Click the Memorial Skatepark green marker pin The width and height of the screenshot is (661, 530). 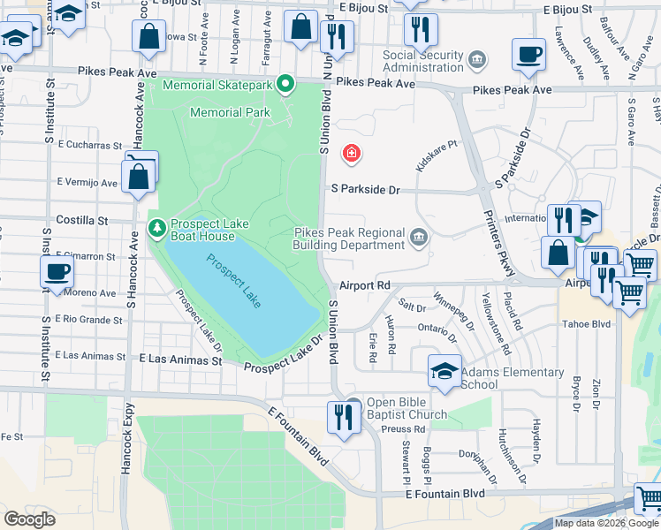[x=285, y=85]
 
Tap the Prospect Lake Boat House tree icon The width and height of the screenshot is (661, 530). [x=156, y=229]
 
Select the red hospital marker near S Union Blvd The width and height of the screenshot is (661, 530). [x=352, y=154]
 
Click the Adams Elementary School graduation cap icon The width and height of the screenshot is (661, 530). [x=444, y=371]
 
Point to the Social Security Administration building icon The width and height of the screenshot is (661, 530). [x=477, y=60]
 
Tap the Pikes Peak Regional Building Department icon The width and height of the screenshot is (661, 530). [x=418, y=237]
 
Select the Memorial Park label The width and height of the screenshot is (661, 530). [x=229, y=112]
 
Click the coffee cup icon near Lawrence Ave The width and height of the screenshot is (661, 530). [x=528, y=54]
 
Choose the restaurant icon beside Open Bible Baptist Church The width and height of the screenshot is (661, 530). [x=341, y=416]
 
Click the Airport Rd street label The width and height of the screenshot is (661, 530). [x=365, y=285]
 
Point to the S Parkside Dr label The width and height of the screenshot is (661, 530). [x=366, y=189]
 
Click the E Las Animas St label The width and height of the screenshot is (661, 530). [x=180, y=360]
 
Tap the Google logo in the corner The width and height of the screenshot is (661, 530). [x=29, y=519]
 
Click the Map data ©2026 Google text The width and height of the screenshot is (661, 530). [x=605, y=523]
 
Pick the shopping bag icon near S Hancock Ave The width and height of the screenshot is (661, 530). [x=141, y=176]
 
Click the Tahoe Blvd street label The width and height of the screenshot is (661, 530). [x=589, y=323]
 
